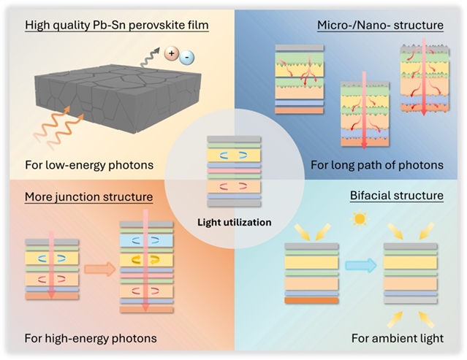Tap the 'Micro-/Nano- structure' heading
coord(380,26)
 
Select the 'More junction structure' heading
coord(88,196)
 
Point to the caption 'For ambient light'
coord(406,338)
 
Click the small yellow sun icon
coord(359,220)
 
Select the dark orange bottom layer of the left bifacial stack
coord(310,300)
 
